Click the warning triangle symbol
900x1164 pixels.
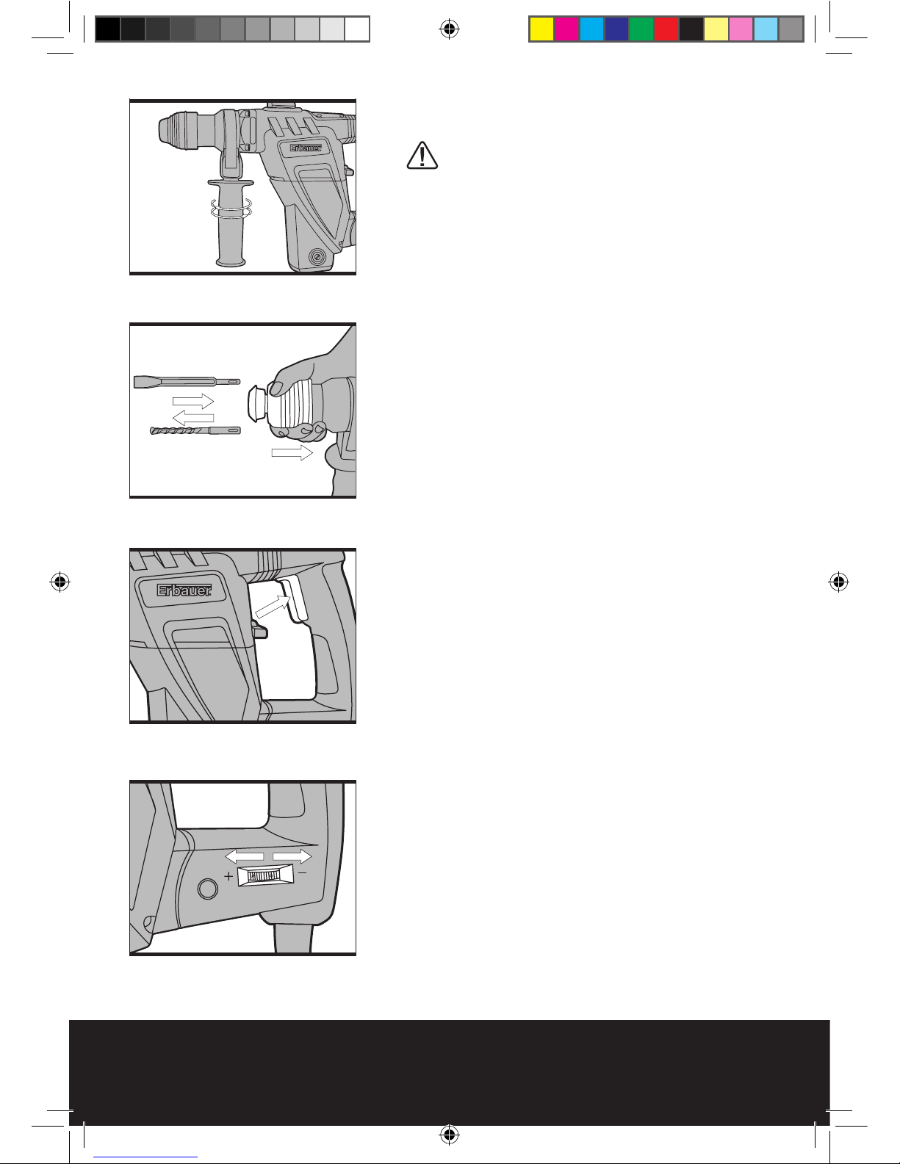point(422,156)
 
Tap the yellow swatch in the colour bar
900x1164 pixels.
point(541,29)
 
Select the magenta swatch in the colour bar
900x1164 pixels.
point(566,29)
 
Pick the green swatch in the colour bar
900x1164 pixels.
point(641,29)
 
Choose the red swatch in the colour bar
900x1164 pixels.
point(666,29)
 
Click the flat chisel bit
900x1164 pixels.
point(187,382)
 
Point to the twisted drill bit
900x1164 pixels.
point(195,430)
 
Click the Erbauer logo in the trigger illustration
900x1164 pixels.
point(184,590)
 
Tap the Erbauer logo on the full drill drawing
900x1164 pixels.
point(306,148)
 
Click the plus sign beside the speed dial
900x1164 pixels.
point(228,876)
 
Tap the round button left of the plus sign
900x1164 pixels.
point(208,889)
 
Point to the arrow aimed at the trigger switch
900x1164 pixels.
point(273,607)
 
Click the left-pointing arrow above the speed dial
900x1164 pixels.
point(244,856)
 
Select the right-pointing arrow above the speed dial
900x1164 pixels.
point(292,856)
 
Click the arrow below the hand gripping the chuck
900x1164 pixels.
point(292,452)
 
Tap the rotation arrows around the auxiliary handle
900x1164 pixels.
point(231,208)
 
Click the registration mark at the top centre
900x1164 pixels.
point(449,29)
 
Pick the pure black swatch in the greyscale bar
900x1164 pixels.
point(108,29)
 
